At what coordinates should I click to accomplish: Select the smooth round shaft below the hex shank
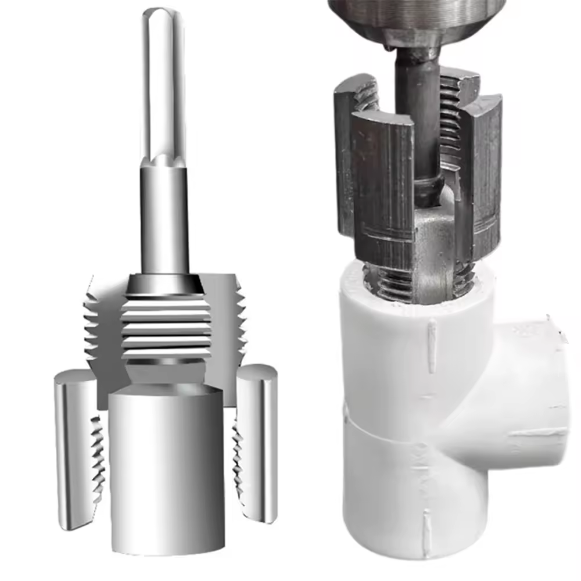coord(164,221)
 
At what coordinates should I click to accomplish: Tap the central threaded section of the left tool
coord(166,328)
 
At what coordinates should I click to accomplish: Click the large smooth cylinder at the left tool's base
coord(167,465)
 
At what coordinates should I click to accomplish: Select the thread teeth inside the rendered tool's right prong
coord(238,459)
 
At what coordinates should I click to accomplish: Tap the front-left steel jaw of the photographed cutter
coord(383,186)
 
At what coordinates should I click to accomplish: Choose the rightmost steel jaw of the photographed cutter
coord(482,174)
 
